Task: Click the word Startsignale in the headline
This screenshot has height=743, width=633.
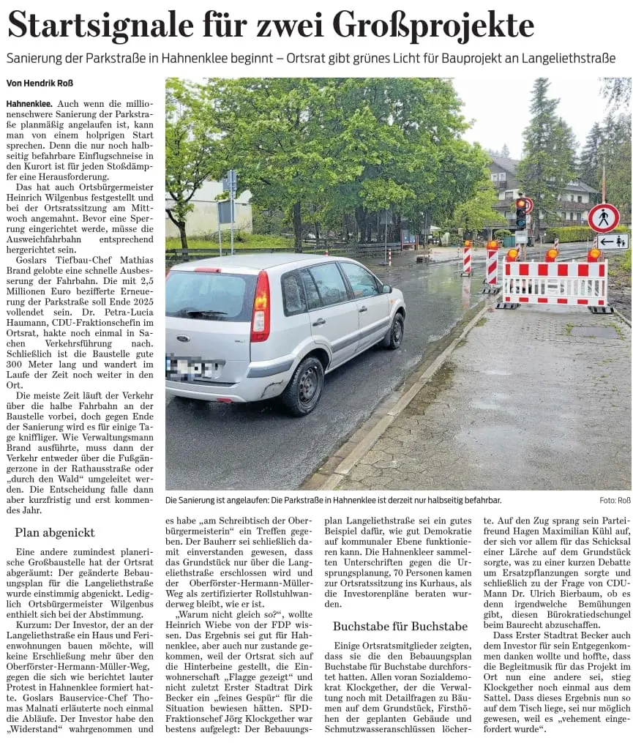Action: point(101,26)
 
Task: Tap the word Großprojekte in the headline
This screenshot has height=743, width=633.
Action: point(433,26)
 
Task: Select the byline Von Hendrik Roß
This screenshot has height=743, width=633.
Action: point(40,83)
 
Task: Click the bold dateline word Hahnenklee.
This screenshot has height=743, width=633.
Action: point(28,105)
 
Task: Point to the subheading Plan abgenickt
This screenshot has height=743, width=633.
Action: point(54,532)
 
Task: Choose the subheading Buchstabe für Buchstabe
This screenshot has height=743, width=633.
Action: point(400,626)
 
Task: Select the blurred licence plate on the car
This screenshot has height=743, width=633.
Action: point(192,367)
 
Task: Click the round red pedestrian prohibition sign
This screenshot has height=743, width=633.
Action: point(603,218)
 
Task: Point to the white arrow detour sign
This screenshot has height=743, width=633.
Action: point(612,241)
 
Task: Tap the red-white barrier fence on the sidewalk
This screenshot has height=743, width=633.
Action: point(555,282)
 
